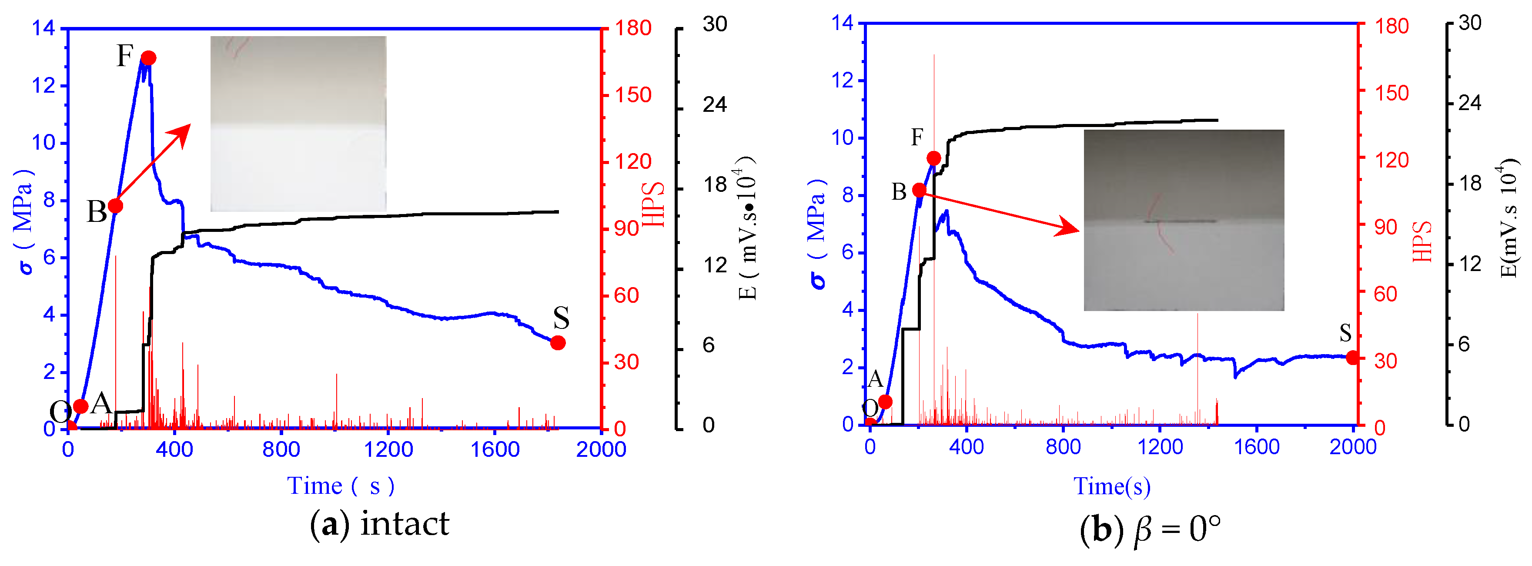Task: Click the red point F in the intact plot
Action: [149, 58]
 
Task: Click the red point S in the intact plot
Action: [557, 343]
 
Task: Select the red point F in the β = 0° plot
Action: [934, 158]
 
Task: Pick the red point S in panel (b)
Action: [1353, 357]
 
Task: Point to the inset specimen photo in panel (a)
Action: [298, 124]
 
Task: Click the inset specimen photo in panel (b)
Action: [1184, 220]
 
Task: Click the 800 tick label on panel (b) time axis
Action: [1063, 446]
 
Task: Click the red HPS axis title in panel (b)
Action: [1422, 241]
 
